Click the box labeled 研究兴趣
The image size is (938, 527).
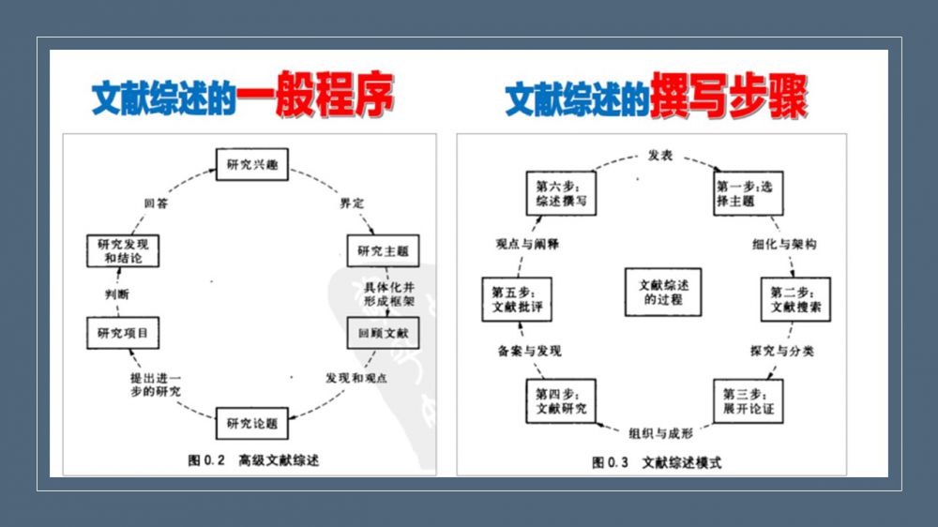click(x=251, y=164)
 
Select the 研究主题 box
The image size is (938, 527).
click(x=383, y=250)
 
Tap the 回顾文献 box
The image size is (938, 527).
click(x=383, y=333)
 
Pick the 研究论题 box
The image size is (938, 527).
click(x=251, y=423)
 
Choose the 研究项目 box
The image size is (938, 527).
click(x=123, y=333)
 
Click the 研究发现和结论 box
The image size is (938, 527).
click(x=123, y=250)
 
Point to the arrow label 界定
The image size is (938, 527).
click(x=352, y=203)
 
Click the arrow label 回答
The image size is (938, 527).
click(x=156, y=203)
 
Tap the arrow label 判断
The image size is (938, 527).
click(x=116, y=294)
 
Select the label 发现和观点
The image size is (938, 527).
click(x=356, y=378)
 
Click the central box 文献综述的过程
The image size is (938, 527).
click(x=663, y=292)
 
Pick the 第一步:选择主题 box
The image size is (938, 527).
click(x=748, y=193)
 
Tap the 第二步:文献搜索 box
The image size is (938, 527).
click(x=795, y=299)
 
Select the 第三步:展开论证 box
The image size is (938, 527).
click(x=748, y=400)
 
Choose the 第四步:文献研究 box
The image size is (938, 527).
click(x=561, y=400)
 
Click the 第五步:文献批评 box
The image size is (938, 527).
click(x=517, y=299)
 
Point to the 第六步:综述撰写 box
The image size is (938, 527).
click(x=561, y=193)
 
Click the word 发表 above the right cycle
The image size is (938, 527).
click(x=660, y=156)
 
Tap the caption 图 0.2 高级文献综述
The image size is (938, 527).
click(x=253, y=460)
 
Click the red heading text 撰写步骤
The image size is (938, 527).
click(x=729, y=96)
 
